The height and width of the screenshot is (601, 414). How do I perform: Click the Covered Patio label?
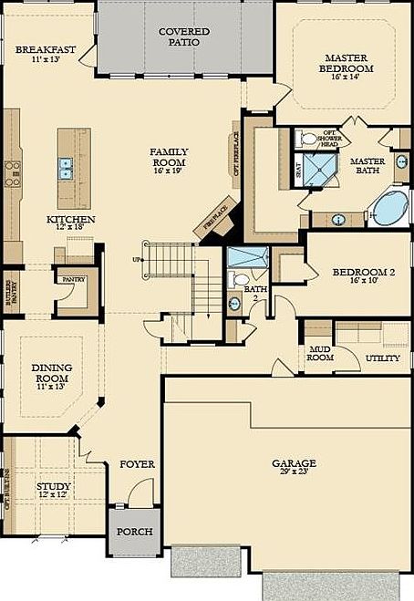[x=184, y=36]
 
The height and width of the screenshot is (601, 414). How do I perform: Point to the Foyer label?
[x=138, y=464]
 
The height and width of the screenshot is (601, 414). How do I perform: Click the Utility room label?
[x=382, y=358]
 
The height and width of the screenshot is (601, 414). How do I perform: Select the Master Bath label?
[x=369, y=165]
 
